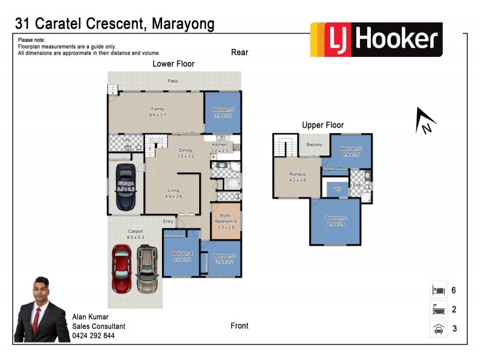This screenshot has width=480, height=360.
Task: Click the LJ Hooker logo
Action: coord(376,40)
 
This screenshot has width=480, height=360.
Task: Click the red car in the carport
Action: coord(121,268)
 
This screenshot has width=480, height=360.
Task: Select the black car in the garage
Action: coord(125,187)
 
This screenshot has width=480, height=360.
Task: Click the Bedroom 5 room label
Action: coord(223,112)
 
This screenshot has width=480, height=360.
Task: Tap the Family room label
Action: coord(157,112)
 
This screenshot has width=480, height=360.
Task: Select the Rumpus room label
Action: coord(298,177)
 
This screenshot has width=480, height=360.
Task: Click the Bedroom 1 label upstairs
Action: coord(336,220)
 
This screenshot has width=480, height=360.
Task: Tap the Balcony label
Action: coord(314,145)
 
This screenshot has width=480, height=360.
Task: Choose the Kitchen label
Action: coord(220,147)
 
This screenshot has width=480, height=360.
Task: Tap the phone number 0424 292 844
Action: coord(93,336)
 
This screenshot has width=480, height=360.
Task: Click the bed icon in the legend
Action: coord(437,290)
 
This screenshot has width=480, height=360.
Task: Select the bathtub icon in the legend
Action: coord(437,310)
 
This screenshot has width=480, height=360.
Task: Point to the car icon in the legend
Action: coord(437,329)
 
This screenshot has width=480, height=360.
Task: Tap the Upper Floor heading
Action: coord(323,125)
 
